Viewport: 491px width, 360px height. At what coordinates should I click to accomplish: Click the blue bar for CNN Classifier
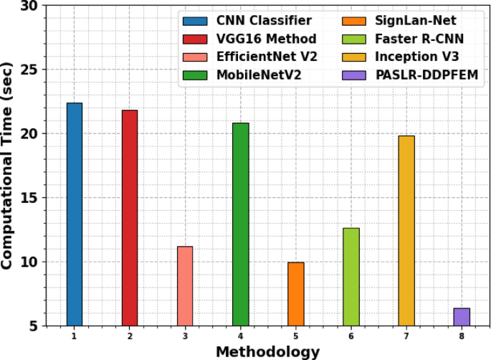click(75, 214)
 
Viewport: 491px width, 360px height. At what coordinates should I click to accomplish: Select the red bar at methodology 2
click(130, 218)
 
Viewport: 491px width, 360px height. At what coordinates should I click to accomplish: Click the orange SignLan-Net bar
click(296, 293)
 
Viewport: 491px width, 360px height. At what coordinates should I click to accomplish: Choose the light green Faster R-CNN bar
click(351, 276)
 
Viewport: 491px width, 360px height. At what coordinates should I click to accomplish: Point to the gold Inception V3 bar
click(406, 230)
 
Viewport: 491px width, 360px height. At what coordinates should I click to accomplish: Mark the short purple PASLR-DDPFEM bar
click(462, 316)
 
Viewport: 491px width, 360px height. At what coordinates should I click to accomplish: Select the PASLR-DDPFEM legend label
click(427, 74)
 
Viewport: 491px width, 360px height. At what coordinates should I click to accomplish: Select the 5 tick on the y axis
click(34, 326)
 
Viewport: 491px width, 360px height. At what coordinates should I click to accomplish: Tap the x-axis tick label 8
click(462, 336)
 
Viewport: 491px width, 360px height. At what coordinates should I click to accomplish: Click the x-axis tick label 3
click(185, 336)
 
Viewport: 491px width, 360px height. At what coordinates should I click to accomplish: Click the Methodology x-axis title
click(267, 351)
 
